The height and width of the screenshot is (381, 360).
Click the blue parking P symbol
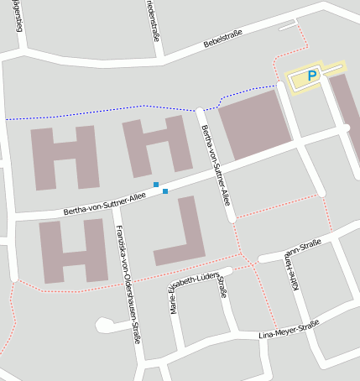click(312, 76)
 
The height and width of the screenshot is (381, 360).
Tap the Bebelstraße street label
click(222, 38)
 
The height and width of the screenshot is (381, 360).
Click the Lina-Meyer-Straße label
click(289, 329)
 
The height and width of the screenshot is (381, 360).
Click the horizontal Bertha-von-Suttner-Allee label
click(105, 201)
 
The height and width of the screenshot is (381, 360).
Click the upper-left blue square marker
click(156, 184)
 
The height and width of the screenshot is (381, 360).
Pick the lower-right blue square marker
click(165, 191)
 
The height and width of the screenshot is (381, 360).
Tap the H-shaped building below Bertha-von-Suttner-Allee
click(73, 250)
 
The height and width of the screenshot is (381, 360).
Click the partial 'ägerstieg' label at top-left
click(18, 16)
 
